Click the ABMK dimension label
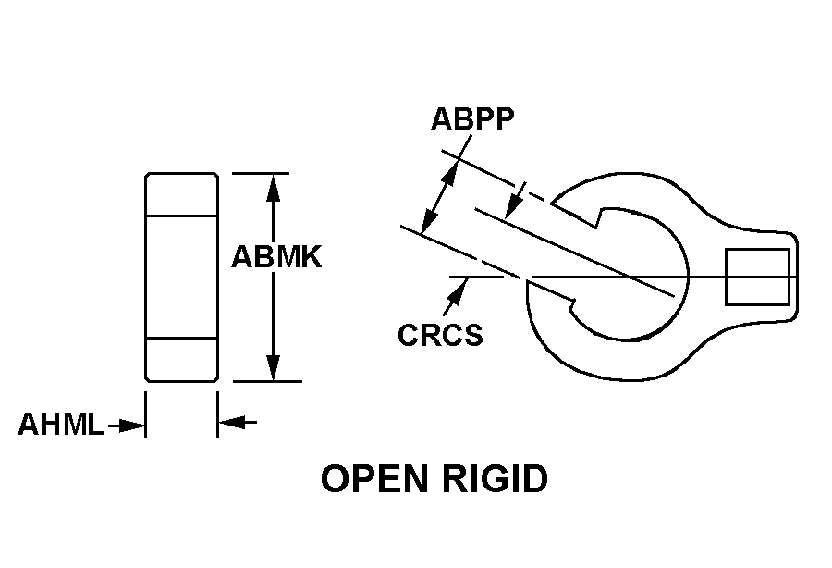(x=275, y=256)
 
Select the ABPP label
(x=472, y=119)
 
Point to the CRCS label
(x=440, y=334)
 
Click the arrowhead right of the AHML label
(x=133, y=426)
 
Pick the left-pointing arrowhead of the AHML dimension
(x=230, y=423)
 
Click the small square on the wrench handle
(x=744, y=277)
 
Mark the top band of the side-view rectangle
(x=181, y=194)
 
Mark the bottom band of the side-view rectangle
(x=181, y=359)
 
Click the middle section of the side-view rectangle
(x=181, y=277)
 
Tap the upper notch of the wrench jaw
(x=601, y=219)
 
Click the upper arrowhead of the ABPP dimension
(x=452, y=172)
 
